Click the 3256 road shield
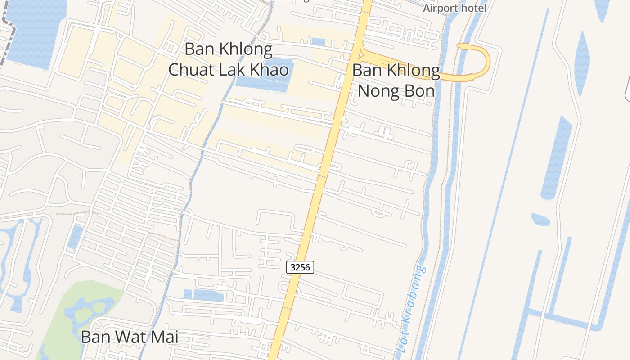tap(300, 267)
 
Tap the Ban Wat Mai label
tap(130, 337)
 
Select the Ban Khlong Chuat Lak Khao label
tap(228, 59)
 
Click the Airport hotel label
tap(454, 8)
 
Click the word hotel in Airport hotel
tap(472, 8)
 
